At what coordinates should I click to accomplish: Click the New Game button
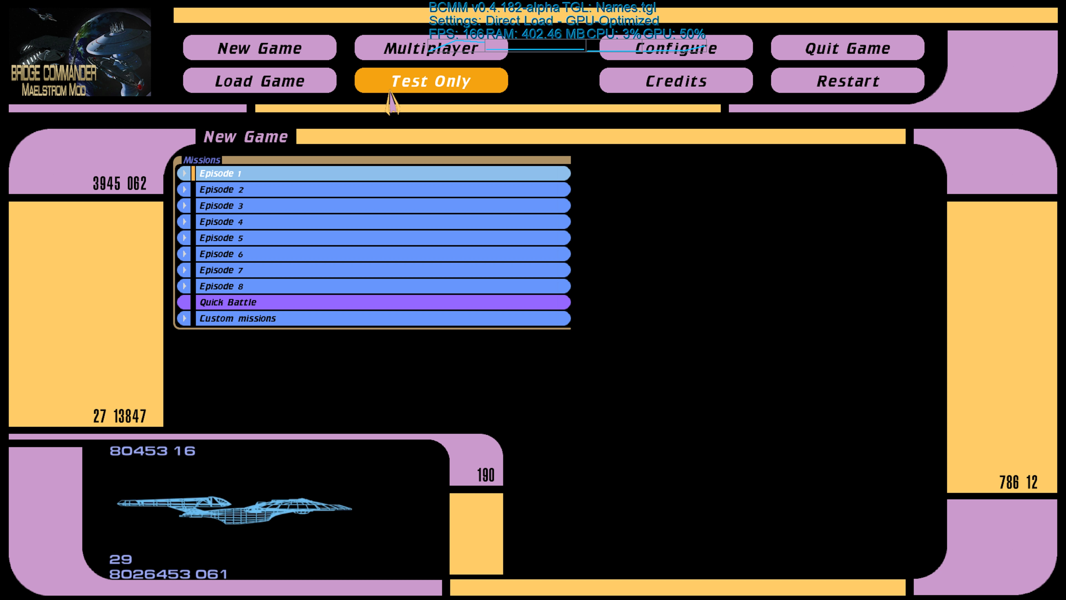[x=260, y=48]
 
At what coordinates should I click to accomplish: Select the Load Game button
[x=260, y=81]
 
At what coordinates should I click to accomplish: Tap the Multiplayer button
[x=431, y=48]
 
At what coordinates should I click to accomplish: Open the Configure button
[x=676, y=48]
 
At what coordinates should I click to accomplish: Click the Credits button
[x=676, y=81]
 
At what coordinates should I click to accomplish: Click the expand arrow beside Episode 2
[x=184, y=190]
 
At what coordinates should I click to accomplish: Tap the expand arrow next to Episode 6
[x=184, y=254]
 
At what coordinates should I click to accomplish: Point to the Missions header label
[x=202, y=160]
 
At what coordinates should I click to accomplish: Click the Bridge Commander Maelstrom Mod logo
[x=80, y=52]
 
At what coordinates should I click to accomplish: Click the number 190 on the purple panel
[x=486, y=475]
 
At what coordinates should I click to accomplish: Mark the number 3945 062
[x=120, y=183]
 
